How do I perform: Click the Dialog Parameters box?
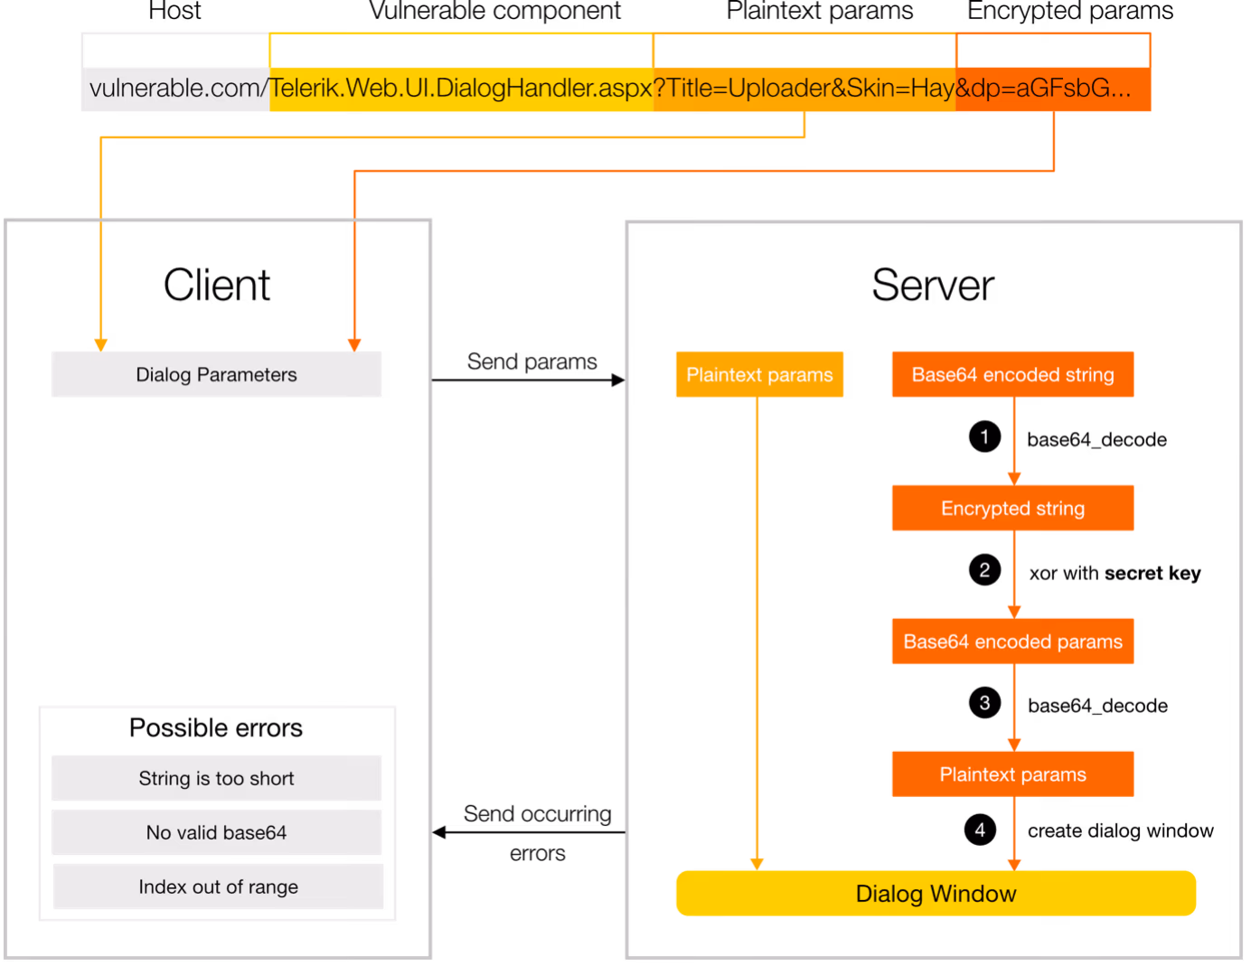pyautogui.click(x=217, y=374)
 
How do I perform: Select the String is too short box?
pyautogui.click(x=217, y=778)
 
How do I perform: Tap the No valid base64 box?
pyautogui.click(x=217, y=832)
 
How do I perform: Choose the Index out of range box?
pyautogui.click(x=219, y=886)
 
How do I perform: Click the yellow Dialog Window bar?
pyautogui.click(x=936, y=893)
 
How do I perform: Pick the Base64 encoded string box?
pyautogui.click(x=1012, y=374)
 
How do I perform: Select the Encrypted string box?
pyautogui.click(x=1012, y=508)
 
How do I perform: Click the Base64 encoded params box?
pyautogui.click(x=1012, y=642)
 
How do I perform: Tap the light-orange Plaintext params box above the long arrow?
pyautogui.click(x=759, y=374)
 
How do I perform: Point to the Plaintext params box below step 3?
pyautogui.click(x=1012, y=774)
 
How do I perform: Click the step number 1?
pyautogui.click(x=984, y=437)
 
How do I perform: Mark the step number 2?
pyautogui.click(x=984, y=570)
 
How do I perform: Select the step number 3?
pyautogui.click(x=984, y=703)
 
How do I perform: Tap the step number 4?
pyautogui.click(x=980, y=830)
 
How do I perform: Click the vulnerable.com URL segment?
pyautogui.click(x=175, y=89)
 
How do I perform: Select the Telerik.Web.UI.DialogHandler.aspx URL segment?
pyautogui.click(x=461, y=89)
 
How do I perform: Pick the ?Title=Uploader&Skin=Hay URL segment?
pyautogui.click(x=804, y=89)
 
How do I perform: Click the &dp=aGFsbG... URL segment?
pyautogui.click(x=1053, y=89)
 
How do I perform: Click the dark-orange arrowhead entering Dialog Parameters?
pyautogui.click(x=354, y=344)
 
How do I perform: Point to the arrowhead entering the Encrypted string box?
pyautogui.click(x=1013, y=478)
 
